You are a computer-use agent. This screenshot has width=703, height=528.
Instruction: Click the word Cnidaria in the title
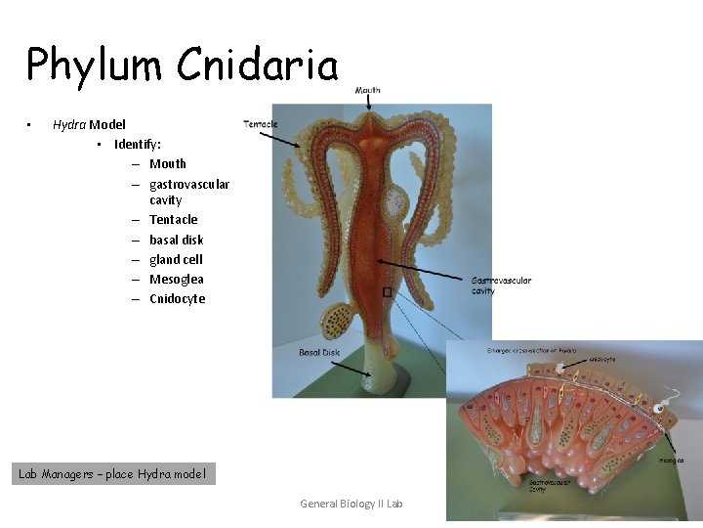click(x=258, y=66)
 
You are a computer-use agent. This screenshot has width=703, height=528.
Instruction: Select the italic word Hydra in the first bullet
click(x=69, y=124)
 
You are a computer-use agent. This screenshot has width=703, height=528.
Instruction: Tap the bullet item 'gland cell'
click(x=176, y=259)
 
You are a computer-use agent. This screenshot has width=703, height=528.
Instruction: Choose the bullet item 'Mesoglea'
click(x=177, y=279)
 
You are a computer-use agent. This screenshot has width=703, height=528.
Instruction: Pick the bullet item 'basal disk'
click(x=176, y=240)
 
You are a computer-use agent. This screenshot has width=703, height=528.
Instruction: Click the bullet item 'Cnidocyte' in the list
click(x=177, y=298)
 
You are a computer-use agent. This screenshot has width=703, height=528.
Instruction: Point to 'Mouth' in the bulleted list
click(x=168, y=163)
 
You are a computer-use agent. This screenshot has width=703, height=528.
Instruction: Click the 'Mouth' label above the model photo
click(x=367, y=91)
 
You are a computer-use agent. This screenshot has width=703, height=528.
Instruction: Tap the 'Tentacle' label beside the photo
click(x=260, y=124)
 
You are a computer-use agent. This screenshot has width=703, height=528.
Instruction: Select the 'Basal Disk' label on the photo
click(x=319, y=352)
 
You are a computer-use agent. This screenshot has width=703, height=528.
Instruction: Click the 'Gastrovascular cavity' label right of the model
click(x=501, y=285)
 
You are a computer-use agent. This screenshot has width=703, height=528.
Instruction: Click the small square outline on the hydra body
click(x=388, y=291)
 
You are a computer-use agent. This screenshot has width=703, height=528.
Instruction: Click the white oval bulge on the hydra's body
click(x=394, y=203)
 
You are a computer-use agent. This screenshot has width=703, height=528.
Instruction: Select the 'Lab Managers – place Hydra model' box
click(x=113, y=474)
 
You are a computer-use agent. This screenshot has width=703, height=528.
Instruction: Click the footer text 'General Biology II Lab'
click(x=351, y=504)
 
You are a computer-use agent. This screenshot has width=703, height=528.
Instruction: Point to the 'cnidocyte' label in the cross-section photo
click(x=601, y=359)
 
